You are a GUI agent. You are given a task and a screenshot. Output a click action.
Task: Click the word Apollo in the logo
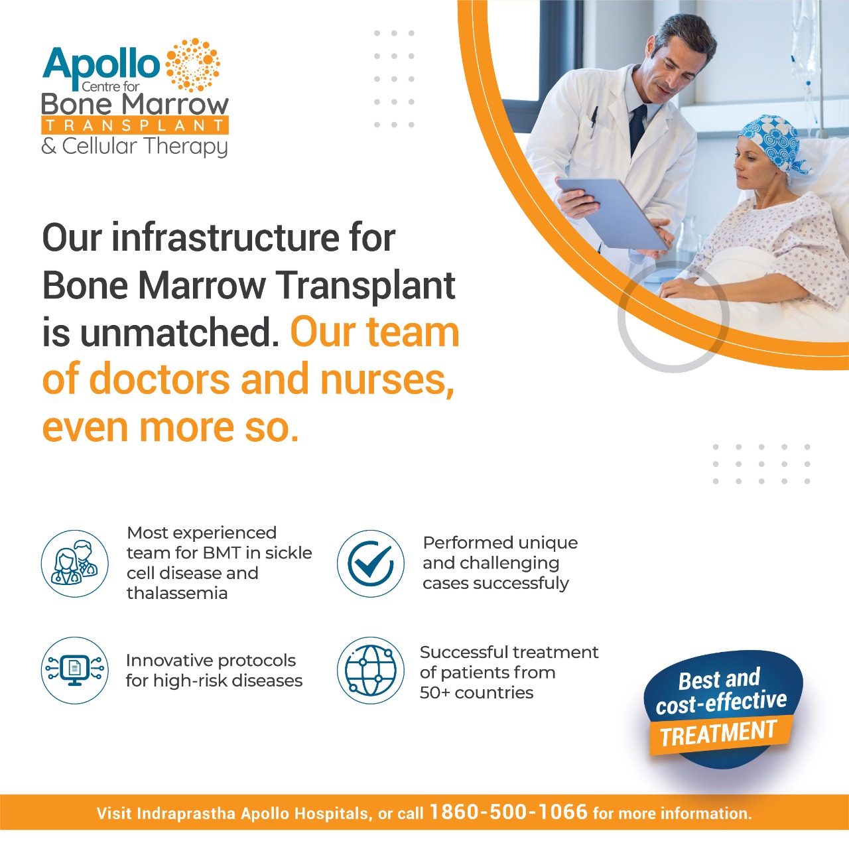click(101, 65)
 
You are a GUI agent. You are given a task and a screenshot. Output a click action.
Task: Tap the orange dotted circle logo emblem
click(192, 64)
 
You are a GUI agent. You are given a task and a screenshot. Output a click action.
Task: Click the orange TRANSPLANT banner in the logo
click(135, 125)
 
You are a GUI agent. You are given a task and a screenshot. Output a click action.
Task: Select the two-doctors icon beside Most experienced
click(75, 563)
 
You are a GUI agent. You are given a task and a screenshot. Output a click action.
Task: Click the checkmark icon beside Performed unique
click(371, 563)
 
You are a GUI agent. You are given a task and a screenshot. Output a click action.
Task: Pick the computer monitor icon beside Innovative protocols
click(75, 670)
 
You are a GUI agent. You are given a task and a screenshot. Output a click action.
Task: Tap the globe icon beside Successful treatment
click(371, 670)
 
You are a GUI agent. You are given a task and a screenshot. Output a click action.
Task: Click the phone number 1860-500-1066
click(508, 812)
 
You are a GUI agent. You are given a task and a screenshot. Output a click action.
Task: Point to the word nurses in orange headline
click(387, 379)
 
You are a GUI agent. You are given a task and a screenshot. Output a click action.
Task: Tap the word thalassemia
click(177, 593)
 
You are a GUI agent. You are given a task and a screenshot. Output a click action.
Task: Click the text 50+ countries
click(476, 692)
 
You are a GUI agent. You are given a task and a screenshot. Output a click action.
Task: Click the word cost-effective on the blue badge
click(721, 702)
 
